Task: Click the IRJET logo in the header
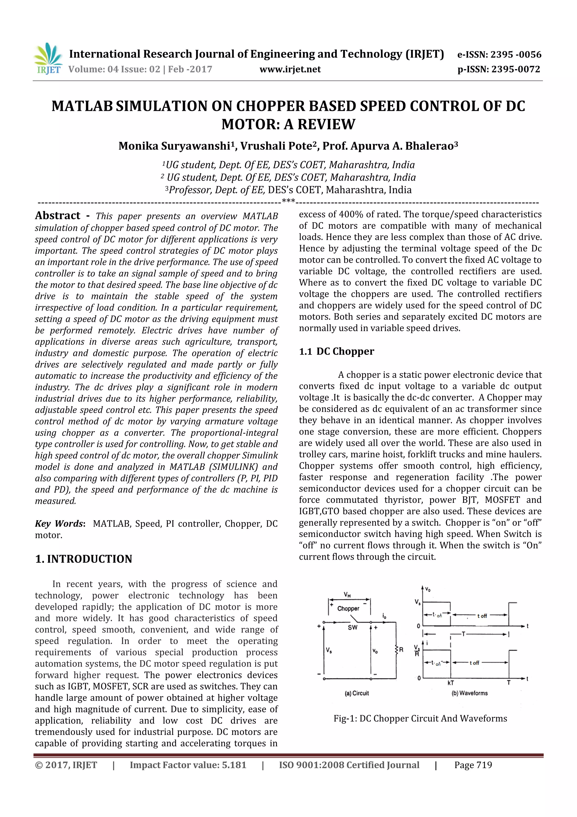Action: (x=48, y=59)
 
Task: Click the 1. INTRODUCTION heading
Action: (x=84, y=559)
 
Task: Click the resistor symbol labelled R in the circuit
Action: (x=396, y=650)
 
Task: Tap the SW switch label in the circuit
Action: (x=352, y=627)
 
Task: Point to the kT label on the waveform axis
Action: (x=450, y=683)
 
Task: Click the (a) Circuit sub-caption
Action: (x=357, y=693)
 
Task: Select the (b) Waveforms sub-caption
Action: (x=469, y=693)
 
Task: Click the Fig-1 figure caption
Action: (x=420, y=718)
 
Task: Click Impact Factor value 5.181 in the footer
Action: (x=188, y=765)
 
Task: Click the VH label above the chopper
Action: (x=347, y=594)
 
